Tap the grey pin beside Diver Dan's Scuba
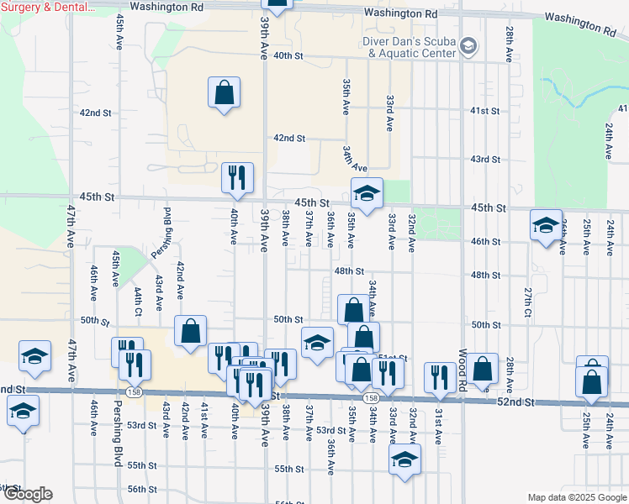coord(469,46)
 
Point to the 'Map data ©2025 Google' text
coord(577,497)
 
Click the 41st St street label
coord(485,111)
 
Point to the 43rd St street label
coord(485,159)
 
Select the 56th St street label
coord(142,489)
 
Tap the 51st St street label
coord(394,358)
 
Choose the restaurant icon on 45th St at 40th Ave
coord(237,178)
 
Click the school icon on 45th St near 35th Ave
coord(367,194)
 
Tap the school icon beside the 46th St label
coord(546,225)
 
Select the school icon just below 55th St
coord(404,459)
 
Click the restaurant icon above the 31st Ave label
coord(439,377)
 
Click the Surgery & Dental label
coord(47,7)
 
